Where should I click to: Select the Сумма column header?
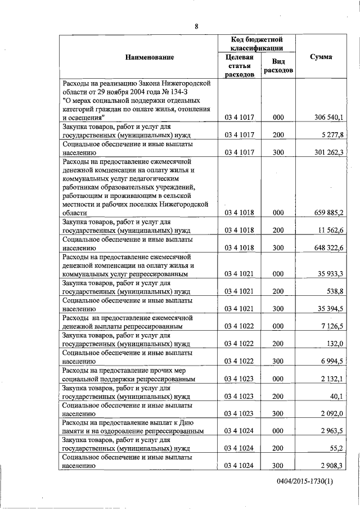[x=324, y=57]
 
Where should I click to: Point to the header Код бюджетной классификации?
[x=256, y=44]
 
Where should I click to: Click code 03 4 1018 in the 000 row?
[x=240, y=213]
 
